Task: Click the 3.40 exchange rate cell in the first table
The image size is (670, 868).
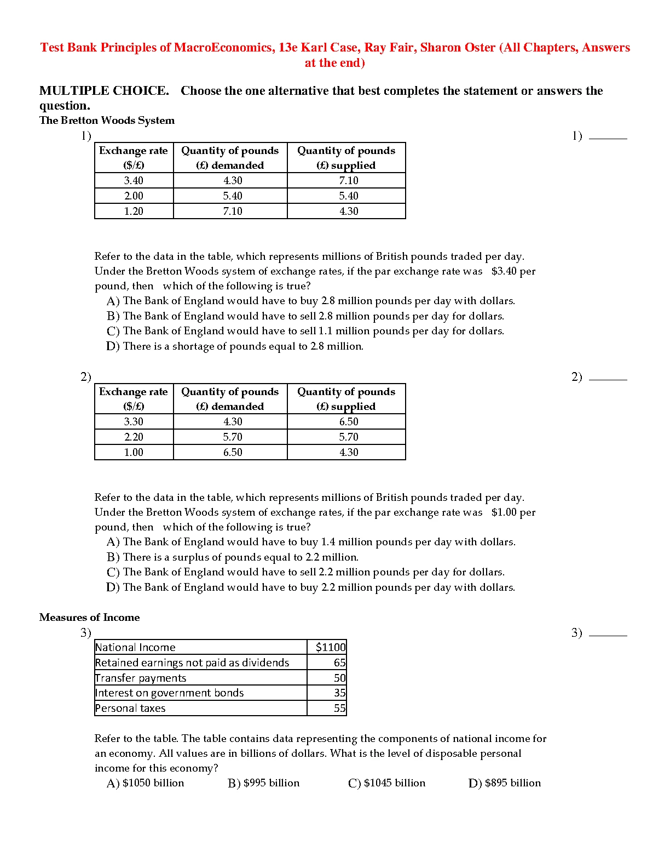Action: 134,180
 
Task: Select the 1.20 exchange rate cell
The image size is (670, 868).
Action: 134,211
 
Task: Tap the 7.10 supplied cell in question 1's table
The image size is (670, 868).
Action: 348,180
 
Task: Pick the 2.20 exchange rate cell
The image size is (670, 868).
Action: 134,437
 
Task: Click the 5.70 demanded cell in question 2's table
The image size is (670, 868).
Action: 233,437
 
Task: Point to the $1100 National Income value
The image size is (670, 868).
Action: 331,647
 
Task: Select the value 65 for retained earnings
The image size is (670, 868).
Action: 339,663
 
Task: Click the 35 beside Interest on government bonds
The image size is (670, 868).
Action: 339,693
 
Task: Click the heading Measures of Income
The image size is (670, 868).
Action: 89,617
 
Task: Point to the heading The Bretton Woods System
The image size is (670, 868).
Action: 107,120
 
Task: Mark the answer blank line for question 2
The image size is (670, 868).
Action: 608,378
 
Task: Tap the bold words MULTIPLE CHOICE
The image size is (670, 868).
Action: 104,90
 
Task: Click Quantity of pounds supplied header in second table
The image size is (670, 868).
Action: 346,398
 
